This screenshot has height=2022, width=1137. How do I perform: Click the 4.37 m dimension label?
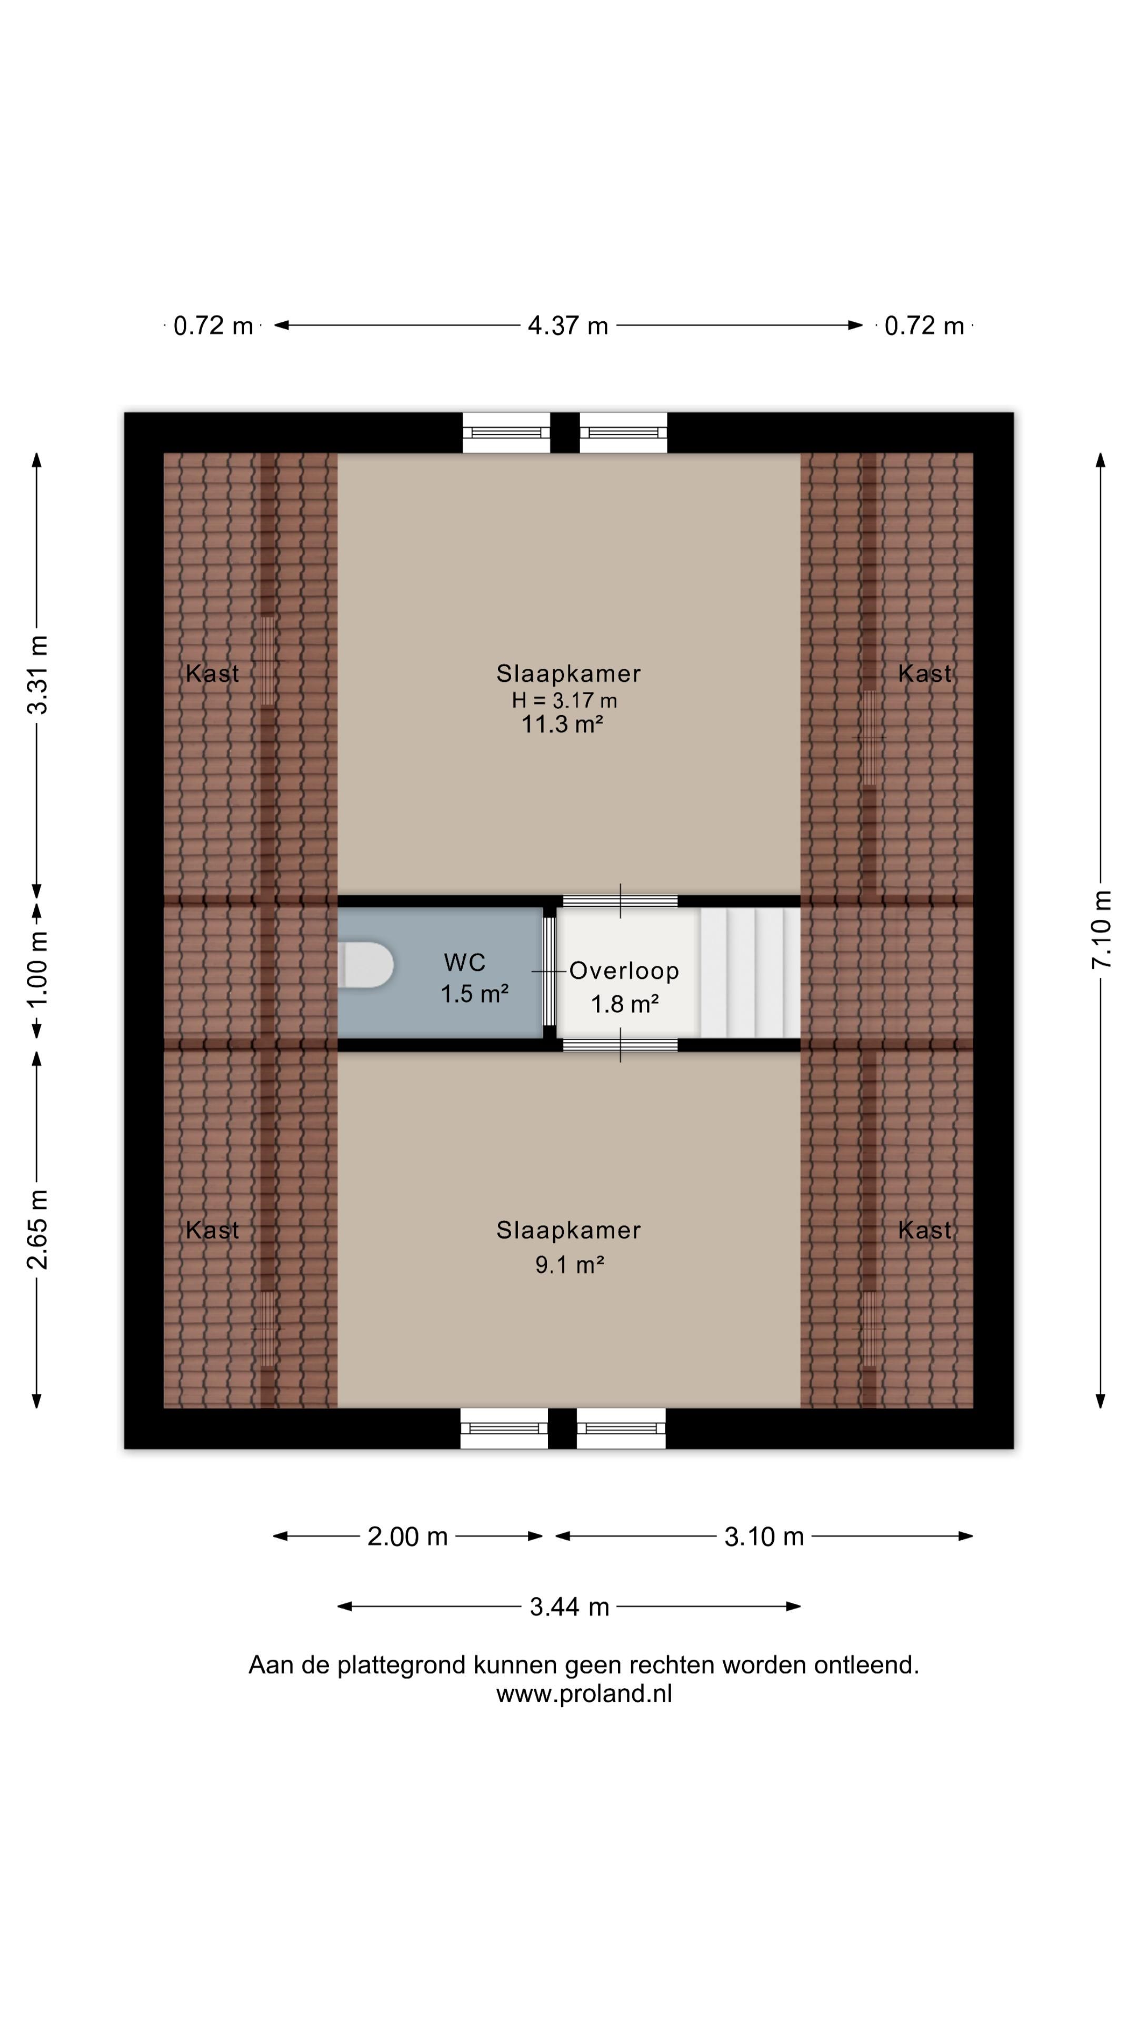[568, 326]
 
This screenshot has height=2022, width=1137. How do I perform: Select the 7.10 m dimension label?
[1102, 929]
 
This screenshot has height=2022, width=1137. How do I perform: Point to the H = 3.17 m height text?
[564, 700]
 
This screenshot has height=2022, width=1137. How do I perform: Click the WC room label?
[464, 963]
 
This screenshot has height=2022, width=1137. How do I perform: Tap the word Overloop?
[624, 971]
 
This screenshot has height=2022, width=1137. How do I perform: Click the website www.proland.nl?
[584, 1694]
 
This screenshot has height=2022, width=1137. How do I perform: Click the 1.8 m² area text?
[625, 1004]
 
